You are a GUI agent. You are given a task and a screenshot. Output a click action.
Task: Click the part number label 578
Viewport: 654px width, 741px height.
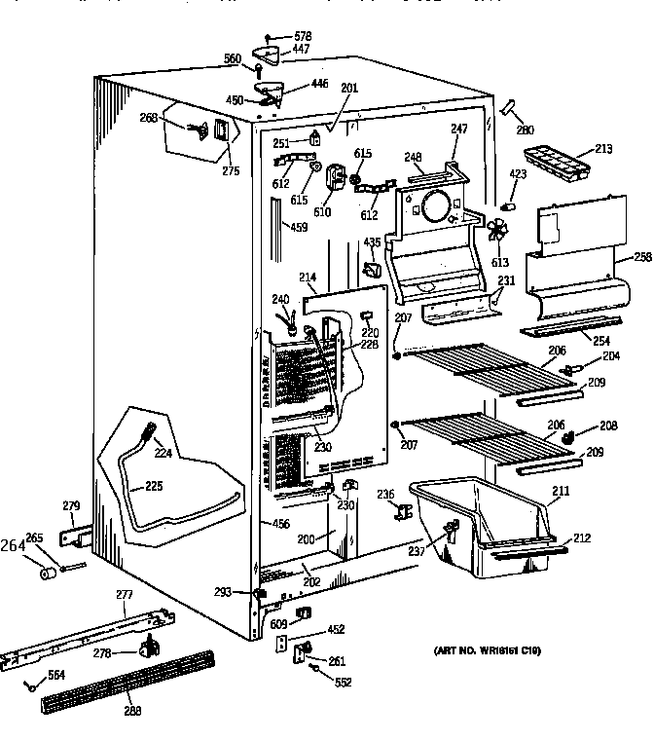(303, 36)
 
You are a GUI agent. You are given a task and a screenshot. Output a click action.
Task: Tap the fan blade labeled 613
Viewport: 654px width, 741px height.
(496, 232)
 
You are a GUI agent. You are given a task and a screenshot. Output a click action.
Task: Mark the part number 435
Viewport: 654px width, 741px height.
(371, 241)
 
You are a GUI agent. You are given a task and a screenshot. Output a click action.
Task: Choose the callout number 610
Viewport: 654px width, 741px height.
(323, 212)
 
